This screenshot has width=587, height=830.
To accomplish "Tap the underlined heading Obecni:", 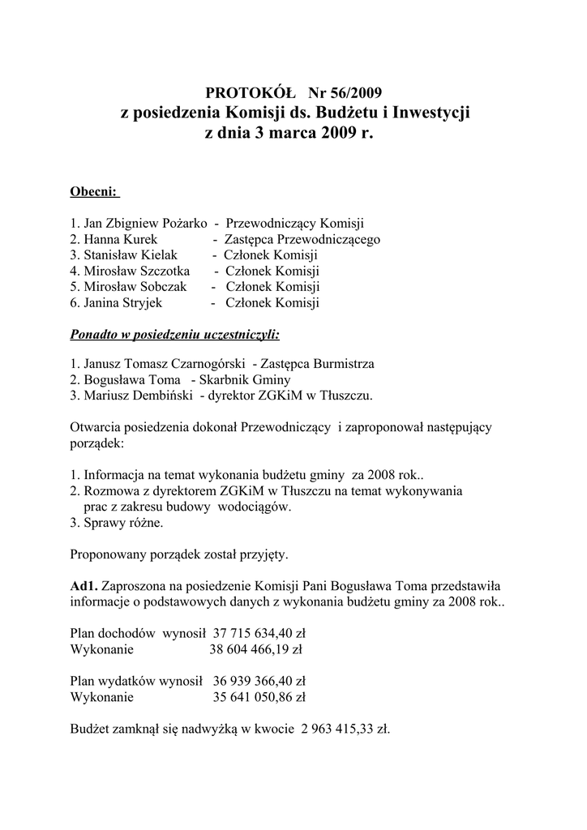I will (x=95, y=192).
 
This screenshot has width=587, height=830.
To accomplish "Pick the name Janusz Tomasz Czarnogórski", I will (x=161, y=364).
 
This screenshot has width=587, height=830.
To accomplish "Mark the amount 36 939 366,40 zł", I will (x=259, y=680).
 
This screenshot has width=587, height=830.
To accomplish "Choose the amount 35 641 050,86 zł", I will (x=259, y=695).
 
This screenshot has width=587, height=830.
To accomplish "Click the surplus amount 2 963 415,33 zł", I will (x=345, y=728).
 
